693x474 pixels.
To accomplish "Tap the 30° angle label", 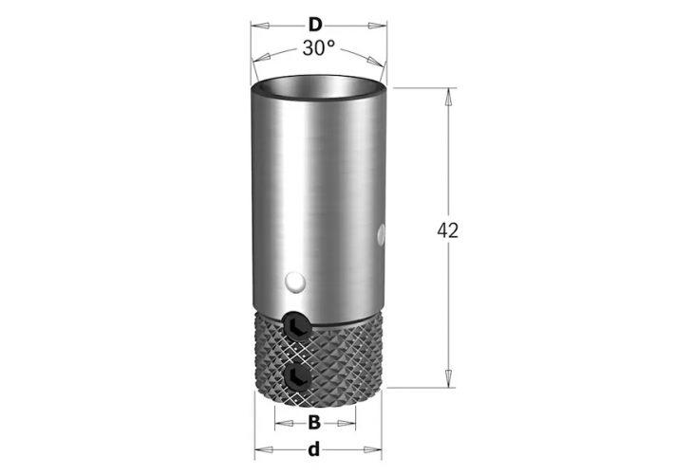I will tap(319, 48).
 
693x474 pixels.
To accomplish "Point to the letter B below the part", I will tap(313, 422).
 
